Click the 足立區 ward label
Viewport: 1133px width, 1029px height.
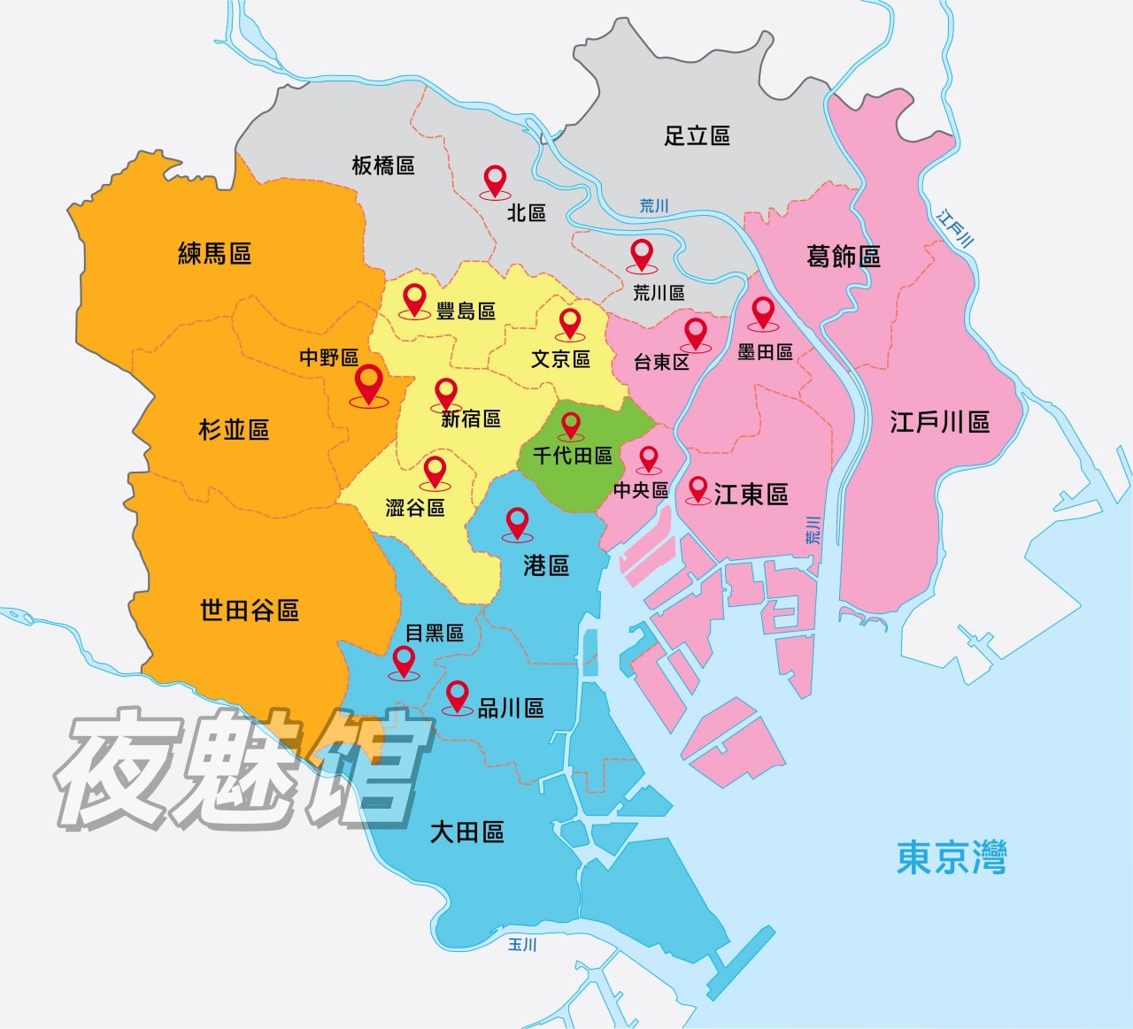[697, 135]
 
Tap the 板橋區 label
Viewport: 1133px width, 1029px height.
[382, 165]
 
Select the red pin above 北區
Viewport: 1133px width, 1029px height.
[496, 180]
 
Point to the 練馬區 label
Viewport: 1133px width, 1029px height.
[214, 254]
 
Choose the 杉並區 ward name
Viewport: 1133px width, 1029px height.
[233, 430]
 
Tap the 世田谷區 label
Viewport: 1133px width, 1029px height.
[249, 610]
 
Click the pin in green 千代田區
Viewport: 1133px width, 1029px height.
[571, 426]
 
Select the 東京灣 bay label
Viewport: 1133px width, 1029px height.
[952, 857]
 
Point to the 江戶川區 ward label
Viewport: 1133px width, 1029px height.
[939, 422]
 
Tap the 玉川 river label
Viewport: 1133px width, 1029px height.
[522, 945]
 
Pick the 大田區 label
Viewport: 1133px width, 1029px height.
[466, 832]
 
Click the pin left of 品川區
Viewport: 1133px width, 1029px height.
[457, 696]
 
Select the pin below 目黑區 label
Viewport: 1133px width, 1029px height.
[405, 661]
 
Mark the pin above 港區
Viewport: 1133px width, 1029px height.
[517, 523]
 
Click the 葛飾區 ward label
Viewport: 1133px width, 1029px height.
[843, 257]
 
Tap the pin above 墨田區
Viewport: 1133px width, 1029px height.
[763, 312]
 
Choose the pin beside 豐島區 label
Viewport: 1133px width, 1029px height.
[414, 299]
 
